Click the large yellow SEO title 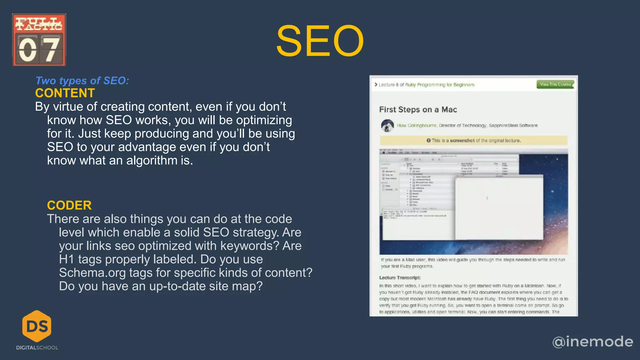pos(320,41)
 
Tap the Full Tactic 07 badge pos(39,40)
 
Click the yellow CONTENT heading pos(65,93)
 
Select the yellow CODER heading pos(69,205)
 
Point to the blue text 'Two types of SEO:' pos(82,81)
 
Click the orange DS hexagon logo pos(37,326)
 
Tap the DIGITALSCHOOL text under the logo pos(37,347)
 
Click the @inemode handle pos(592,342)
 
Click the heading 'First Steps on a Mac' pos(418,109)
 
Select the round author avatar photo pos(387,126)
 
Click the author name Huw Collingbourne pos(416,126)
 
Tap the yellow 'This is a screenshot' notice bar pos(473,141)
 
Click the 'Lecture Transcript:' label pos(400,277)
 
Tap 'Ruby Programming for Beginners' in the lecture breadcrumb pos(440,85)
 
